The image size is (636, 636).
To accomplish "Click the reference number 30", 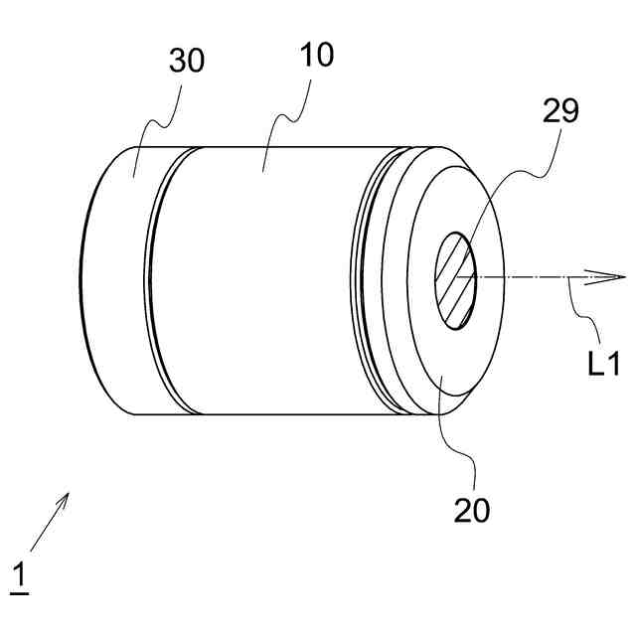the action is tap(186, 61).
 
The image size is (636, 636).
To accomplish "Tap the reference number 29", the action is tap(559, 111).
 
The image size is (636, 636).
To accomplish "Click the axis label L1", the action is tap(603, 364).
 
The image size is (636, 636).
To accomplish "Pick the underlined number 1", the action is tap(19, 576).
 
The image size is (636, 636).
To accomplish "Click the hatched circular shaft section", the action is tap(456, 279).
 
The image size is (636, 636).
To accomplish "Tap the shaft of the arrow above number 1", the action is tap(45, 527).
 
